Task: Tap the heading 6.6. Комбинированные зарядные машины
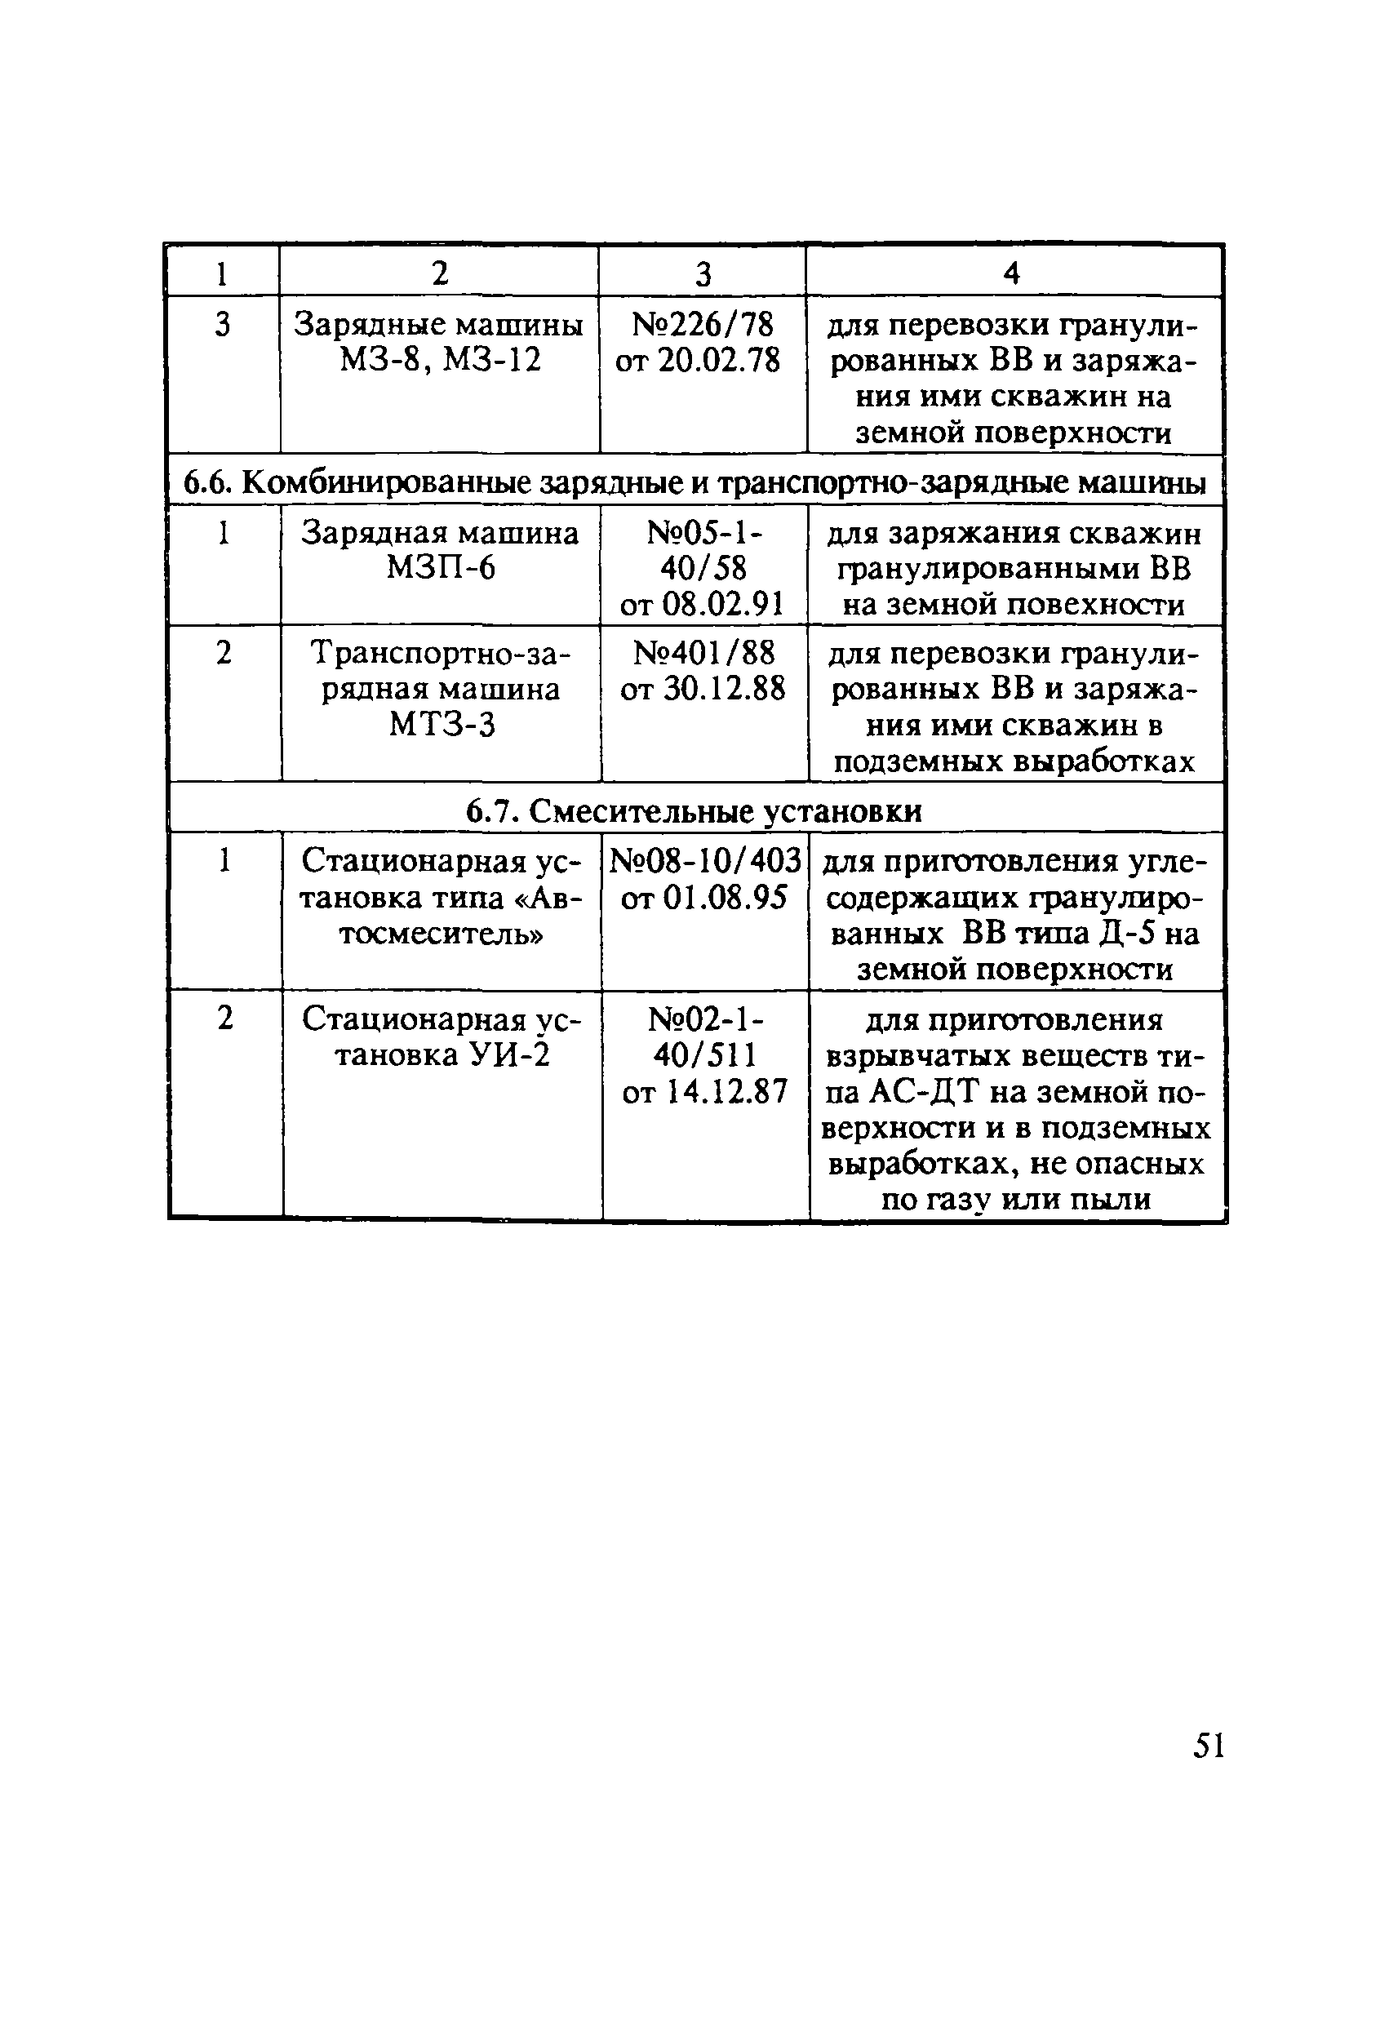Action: pos(694,482)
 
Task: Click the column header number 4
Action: pos(1011,273)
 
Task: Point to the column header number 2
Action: pos(440,273)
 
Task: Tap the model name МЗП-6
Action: pos(441,569)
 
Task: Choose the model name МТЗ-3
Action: pos(442,725)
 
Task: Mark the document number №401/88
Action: pos(703,653)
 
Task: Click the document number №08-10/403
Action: pos(704,860)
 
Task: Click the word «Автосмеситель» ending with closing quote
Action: pos(442,934)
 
